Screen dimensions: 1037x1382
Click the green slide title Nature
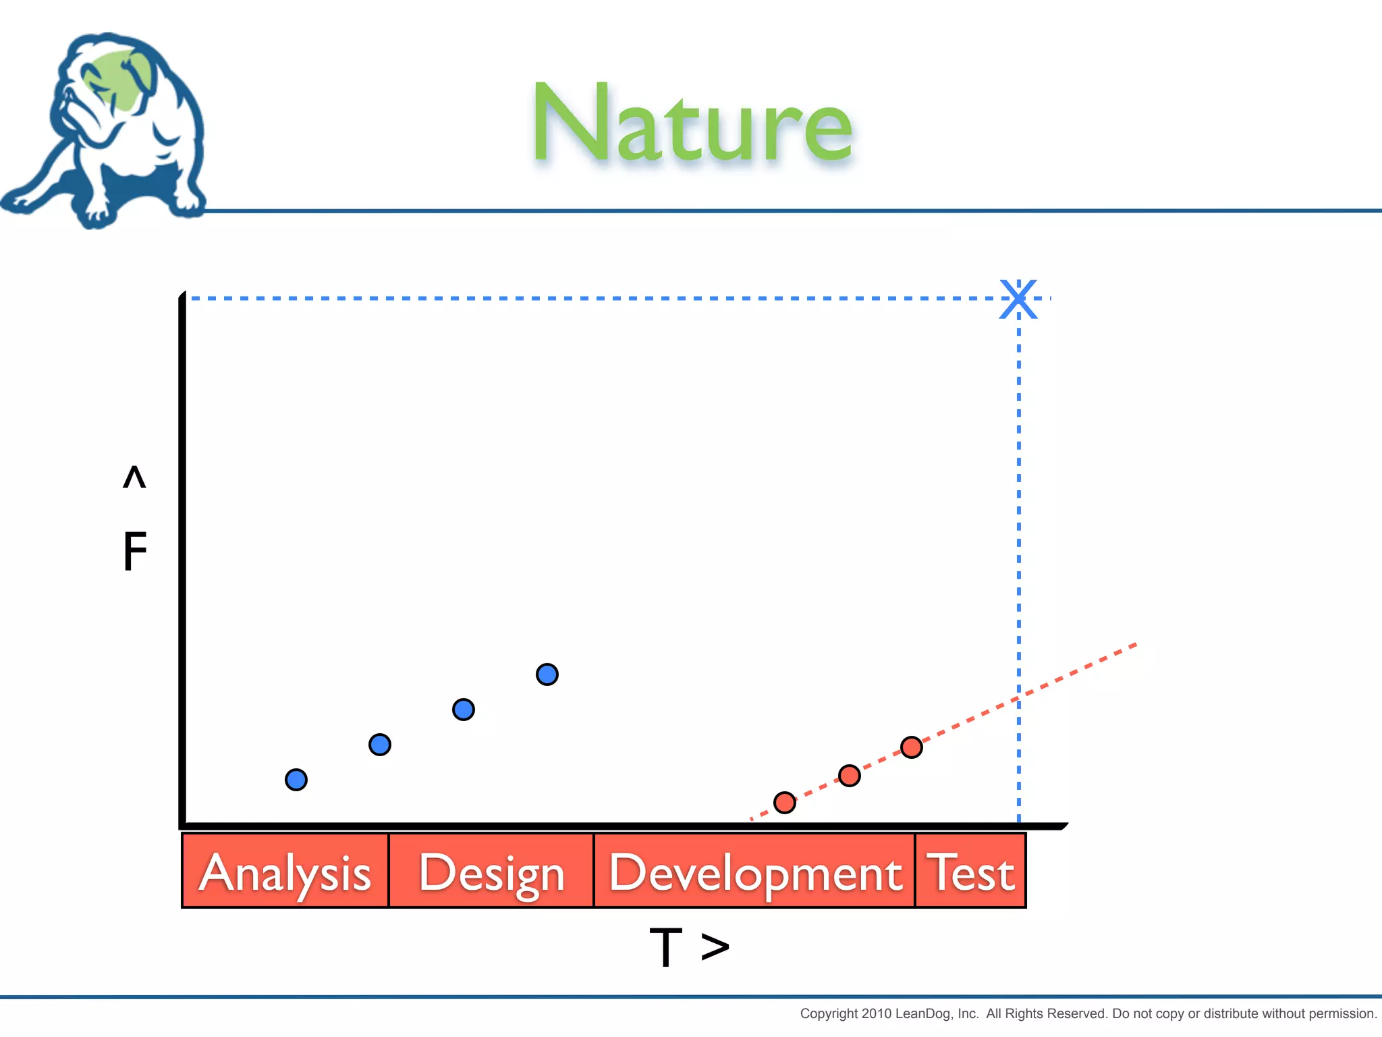pyautogui.click(x=692, y=125)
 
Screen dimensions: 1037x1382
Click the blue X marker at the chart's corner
pyautogui.click(x=1018, y=298)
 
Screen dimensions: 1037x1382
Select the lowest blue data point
pyautogui.click(x=296, y=780)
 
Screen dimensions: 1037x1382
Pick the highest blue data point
pyautogui.click(x=547, y=674)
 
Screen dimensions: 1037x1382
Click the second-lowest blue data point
pyautogui.click(x=380, y=745)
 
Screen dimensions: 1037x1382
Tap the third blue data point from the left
pyautogui.click(x=464, y=710)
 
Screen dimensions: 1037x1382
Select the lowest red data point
pyautogui.click(x=785, y=803)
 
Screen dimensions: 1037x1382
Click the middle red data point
pyautogui.click(x=850, y=776)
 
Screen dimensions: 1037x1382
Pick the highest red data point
pyautogui.click(x=912, y=747)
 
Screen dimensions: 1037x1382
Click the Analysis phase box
pyautogui.click(x=285, y=871)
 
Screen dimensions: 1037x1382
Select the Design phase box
pyautogui.click(x=491, y=871)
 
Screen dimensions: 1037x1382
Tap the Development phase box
pyautogui.click(x=754, y=871)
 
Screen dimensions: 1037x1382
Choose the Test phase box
pyautogui.click(x=971, y=871)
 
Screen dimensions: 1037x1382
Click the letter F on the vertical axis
pyautogui.click(x=135, y=552)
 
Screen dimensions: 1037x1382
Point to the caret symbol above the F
pyautogui.click(x=134, y=477)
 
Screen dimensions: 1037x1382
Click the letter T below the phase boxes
pyautogui.click(x=666, y=947)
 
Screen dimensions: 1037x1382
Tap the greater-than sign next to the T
pyautogui.click(x=715, y=947)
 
